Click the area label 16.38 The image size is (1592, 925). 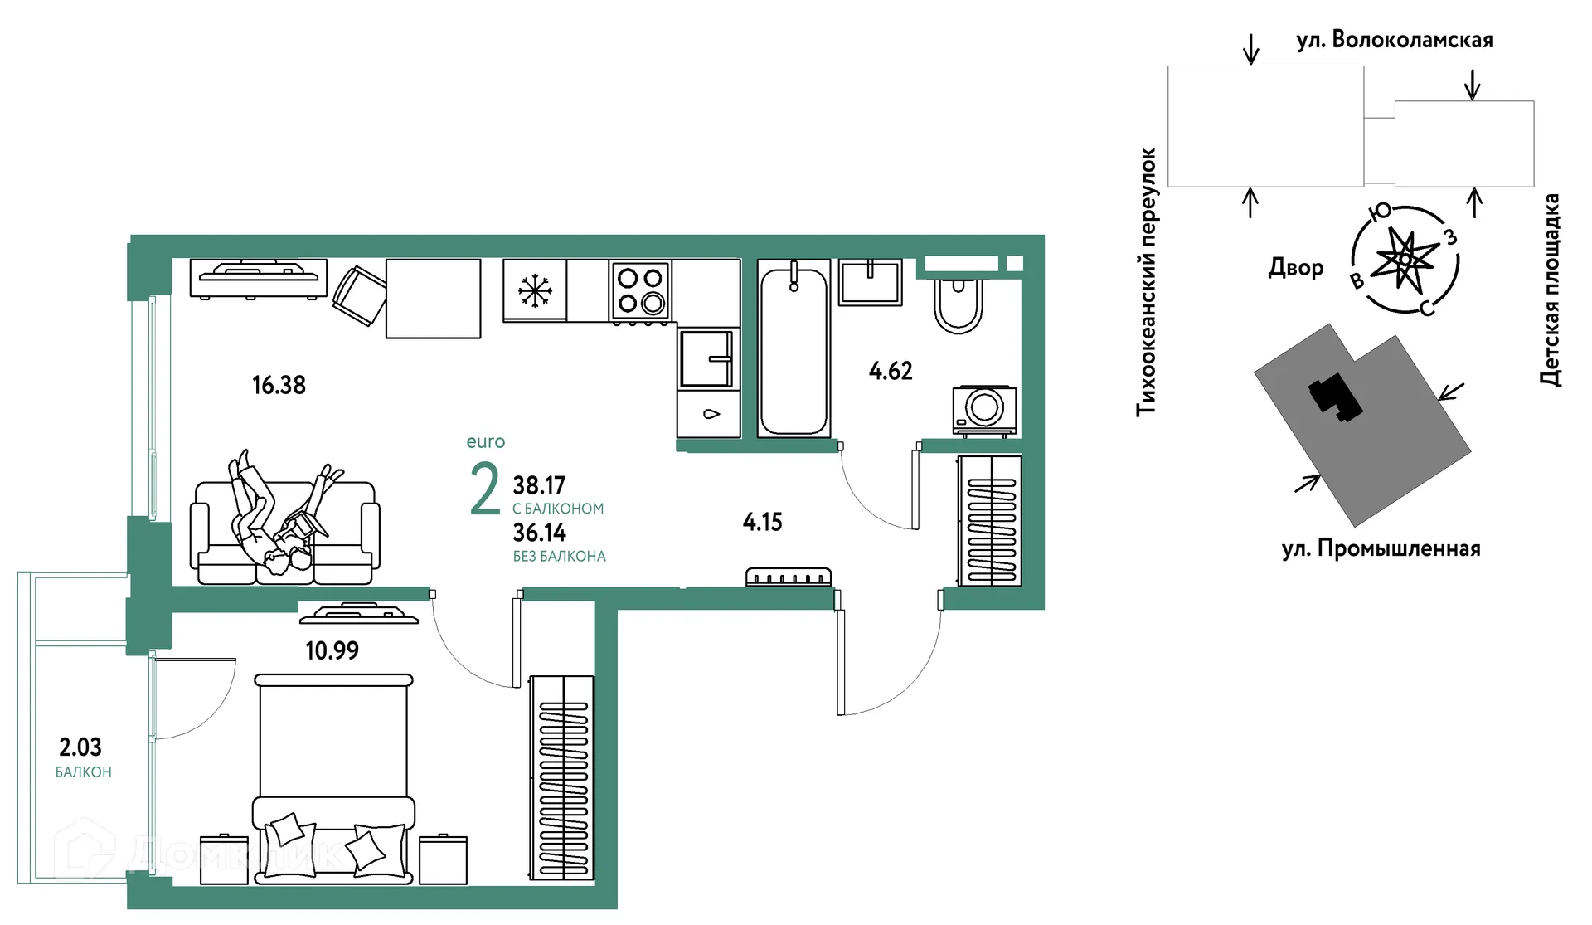click(x=279, y=385)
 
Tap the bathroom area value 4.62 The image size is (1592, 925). click(x=891, y=371)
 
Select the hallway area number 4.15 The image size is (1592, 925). click(x=762, y=522)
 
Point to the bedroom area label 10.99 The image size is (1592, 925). click(x=332, y=650)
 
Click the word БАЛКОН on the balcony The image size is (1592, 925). click(x=83, y=772)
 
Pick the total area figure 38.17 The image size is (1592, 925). click(x=539, y=485)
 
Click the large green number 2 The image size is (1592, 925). click(x=485, y=489)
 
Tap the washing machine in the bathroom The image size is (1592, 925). click(x=985, y=410)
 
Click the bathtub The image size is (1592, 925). click(x=794, y=348)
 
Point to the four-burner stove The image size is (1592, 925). click(x=640, y=290)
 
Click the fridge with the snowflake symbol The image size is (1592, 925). click(x=535, y=290)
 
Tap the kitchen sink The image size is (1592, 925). click(x=707, y=359)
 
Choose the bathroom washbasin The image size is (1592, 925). click(x=871, y=282)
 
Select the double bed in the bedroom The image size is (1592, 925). click(x=333, y=778)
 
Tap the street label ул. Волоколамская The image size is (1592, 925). click(x=1395, y=40)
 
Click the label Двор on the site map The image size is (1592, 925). click(x=1296, y=267)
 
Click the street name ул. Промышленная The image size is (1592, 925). click(x=1381, y=549)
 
